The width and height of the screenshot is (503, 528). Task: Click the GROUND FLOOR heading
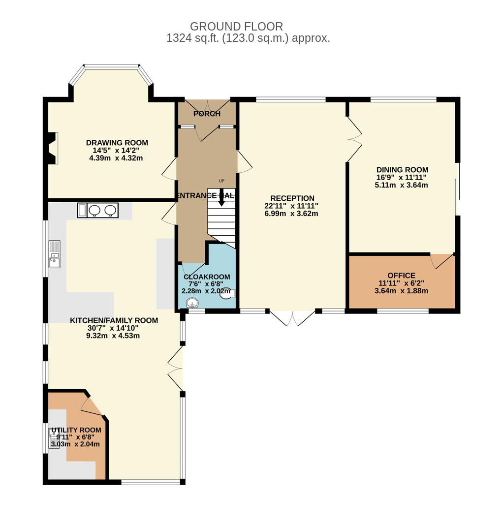pos(236,26)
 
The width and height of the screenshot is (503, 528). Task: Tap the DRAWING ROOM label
pos(117,143)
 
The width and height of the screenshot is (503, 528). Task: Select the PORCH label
pos(207,114)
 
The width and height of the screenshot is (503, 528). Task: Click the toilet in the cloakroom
pos(227,293)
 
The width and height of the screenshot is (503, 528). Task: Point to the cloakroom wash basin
pos(193,303)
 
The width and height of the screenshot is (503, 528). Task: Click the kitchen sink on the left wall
pos(55,254)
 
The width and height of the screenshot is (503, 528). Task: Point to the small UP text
pos(221,181)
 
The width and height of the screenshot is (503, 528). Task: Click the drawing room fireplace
pos(53,148)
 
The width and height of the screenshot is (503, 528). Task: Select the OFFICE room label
pos(401,276)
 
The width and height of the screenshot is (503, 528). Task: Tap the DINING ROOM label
pos(402,170)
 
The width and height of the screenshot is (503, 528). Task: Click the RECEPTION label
pos(292,198)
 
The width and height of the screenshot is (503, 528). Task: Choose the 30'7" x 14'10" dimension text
pos(113,328)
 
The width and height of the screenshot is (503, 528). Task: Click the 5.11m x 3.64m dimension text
pos(401,185)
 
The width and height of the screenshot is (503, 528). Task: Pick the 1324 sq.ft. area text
pos(193,38)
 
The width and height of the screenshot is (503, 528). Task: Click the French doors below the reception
pos(292,318)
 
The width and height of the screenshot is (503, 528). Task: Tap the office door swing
pos(442,261)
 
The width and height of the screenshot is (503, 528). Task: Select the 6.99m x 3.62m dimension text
pos(291,214)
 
